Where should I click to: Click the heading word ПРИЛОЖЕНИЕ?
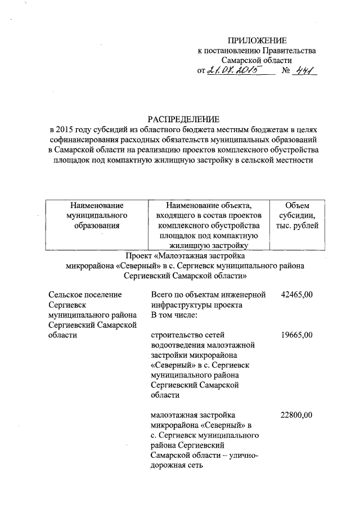[x=256, y=40]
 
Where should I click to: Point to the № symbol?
[x=285, y=71]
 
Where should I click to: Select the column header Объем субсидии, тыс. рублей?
[x=297, y=215]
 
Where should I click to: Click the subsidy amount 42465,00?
[x=296, y=294]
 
